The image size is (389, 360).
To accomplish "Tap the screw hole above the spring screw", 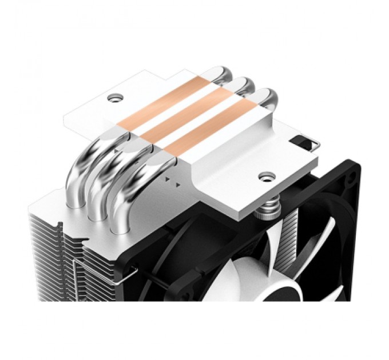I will click(x=265, y=174).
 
